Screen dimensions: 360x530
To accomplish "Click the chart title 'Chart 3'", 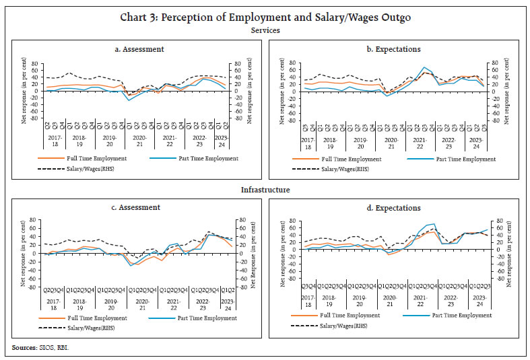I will point(265,16).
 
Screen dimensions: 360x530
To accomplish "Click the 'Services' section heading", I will point(265,30).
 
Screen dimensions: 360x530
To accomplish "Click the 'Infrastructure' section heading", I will point(265,190).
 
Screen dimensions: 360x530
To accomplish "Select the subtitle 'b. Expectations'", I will point(393,49).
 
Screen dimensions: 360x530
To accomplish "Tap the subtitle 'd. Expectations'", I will point(393,208).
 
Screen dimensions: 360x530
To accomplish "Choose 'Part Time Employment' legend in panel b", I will point(465,159).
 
